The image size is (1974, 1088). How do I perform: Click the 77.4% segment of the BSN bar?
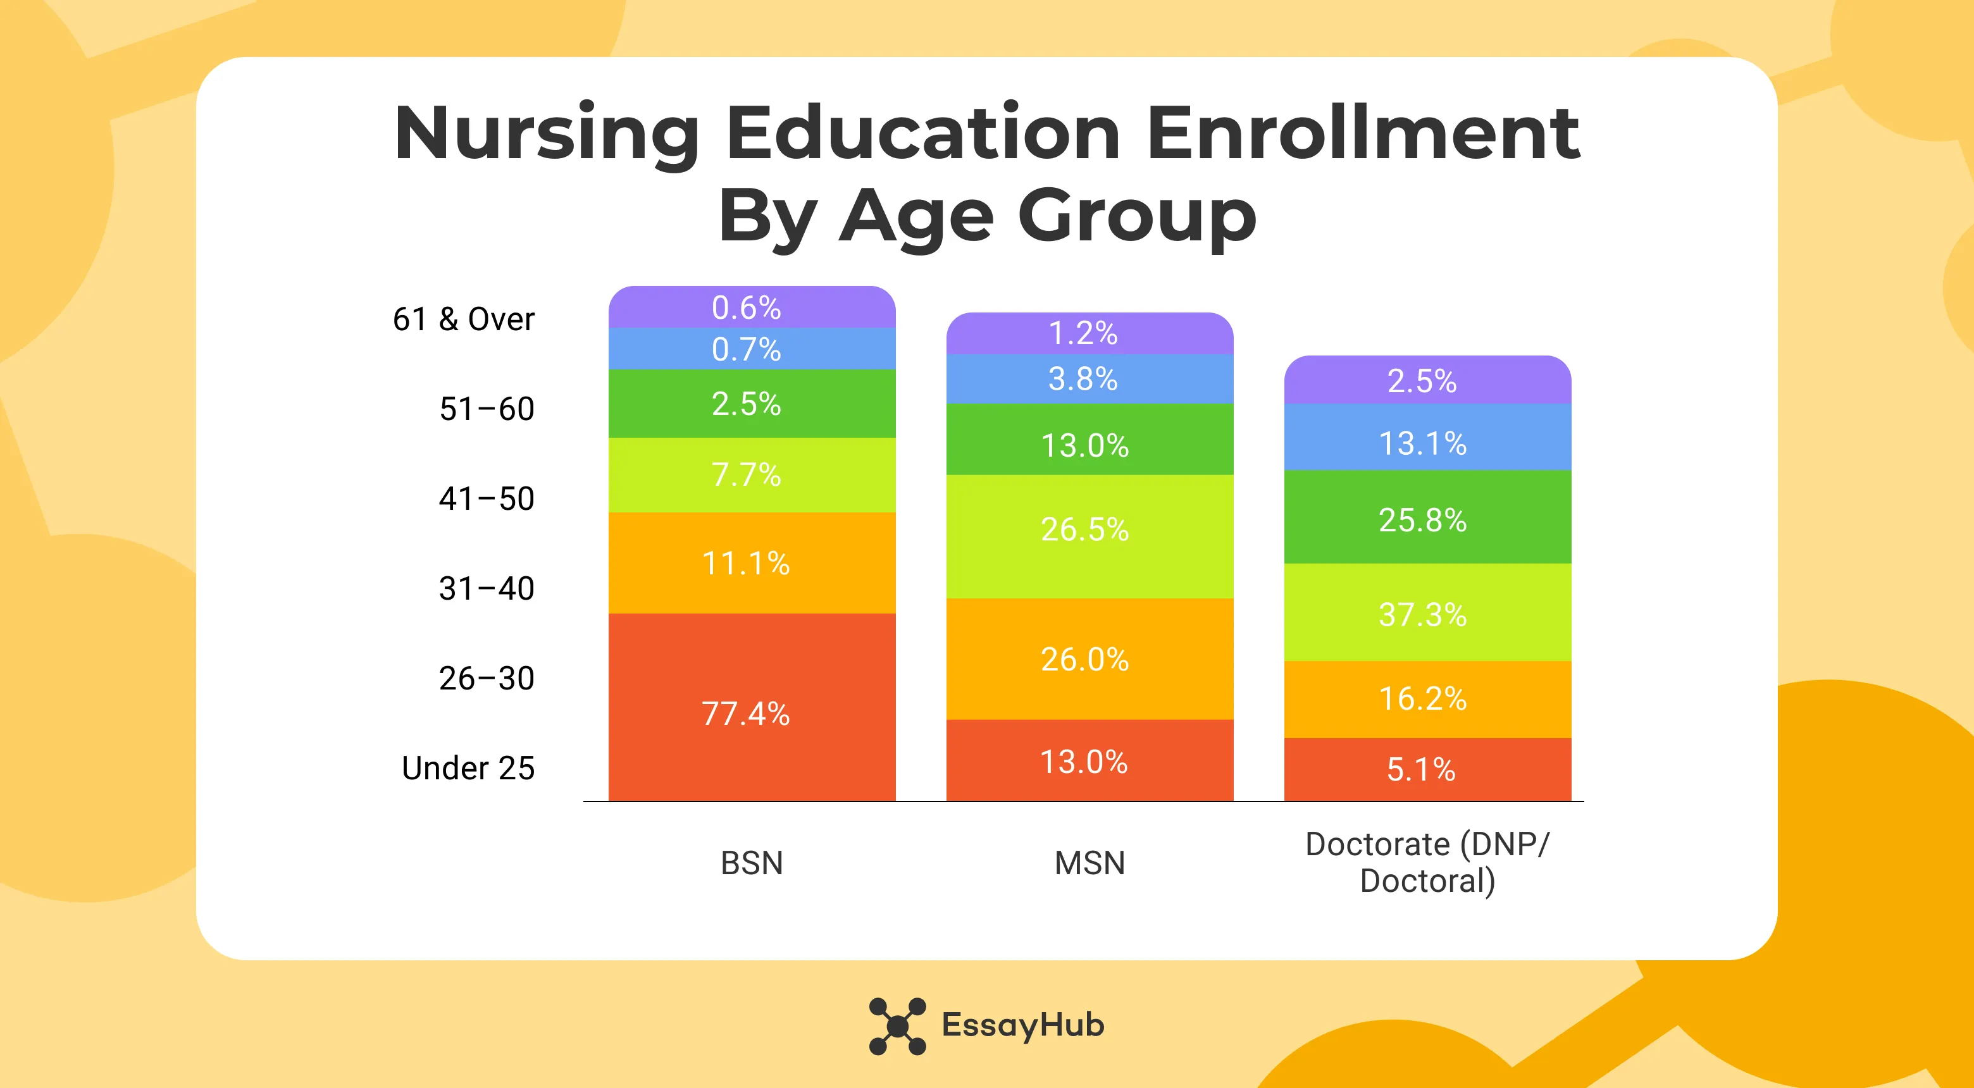(x=751, y=708)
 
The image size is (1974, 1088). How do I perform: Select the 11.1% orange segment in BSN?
(x=751, y=563)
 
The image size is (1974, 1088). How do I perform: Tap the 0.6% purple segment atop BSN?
(x=751, y=307)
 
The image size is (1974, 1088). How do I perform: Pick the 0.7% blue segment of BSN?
(x=751, y=349)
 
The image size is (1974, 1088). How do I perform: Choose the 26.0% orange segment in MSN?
(x=1089, y=659)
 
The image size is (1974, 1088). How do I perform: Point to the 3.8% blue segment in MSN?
(x=1089, y=378)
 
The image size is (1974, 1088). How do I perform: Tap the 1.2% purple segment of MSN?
(x=1089, y=333)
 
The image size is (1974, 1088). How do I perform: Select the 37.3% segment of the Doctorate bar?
(x=1427, y=613)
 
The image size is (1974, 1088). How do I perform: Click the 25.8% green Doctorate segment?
(x=1427, y=519)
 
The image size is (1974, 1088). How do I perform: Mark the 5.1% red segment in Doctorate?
(x=1427, y=769)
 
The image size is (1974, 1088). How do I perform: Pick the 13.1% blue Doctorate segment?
(x=1427, y=442)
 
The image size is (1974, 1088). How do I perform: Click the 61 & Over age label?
(x=463, y=319)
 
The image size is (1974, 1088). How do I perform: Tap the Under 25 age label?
(x=468, y=768)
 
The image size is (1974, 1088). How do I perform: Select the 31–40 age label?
(x=486, y=588)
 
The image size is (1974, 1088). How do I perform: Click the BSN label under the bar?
(x=751, y=863)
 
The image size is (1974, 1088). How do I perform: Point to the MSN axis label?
(x=1089, y=863)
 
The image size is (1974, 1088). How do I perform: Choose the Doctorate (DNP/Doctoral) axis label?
(x=1427, y=863)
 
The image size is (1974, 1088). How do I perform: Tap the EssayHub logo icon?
(x=897, y=1025)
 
